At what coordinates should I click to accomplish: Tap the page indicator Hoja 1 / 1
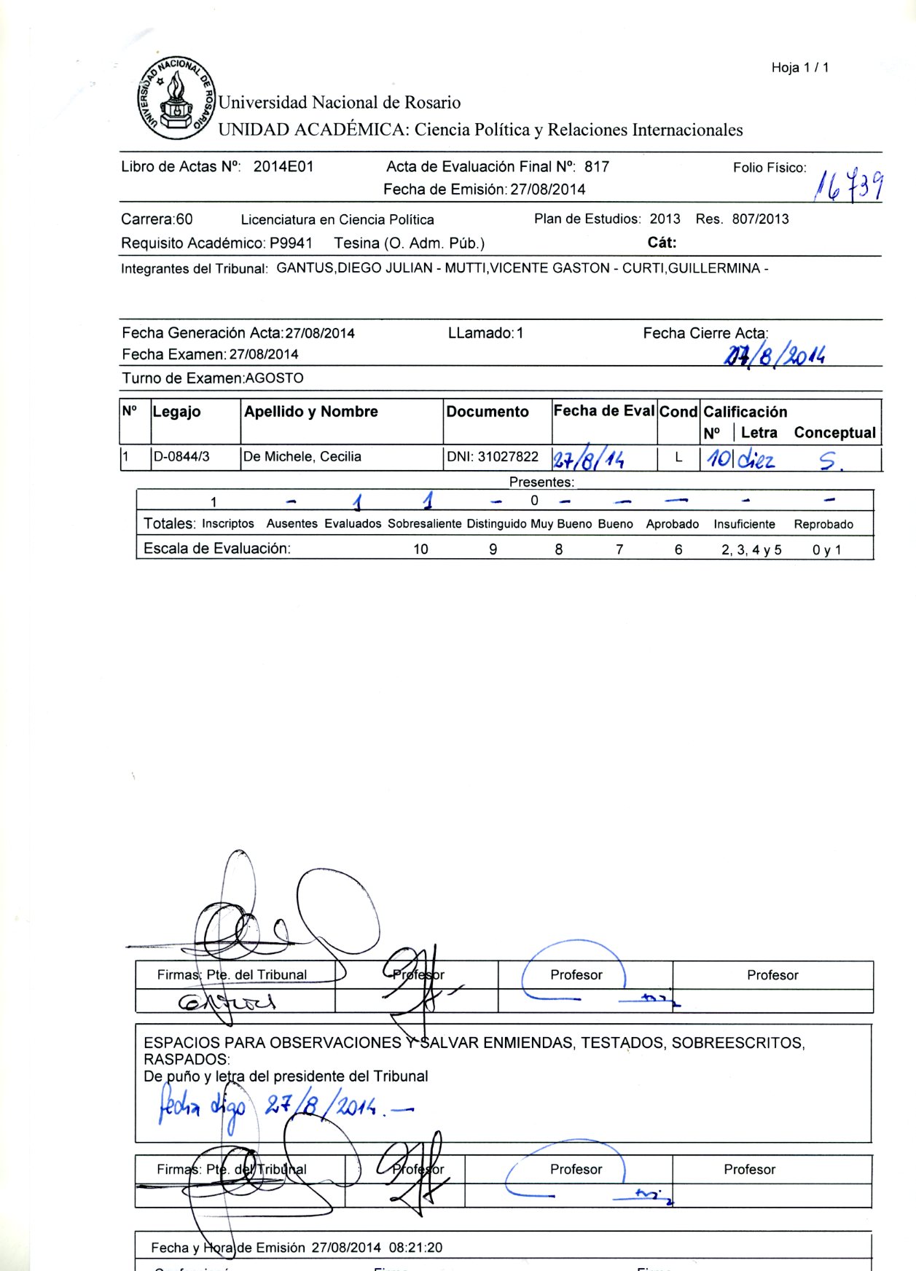(x=799, y=68)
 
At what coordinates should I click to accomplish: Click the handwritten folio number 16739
(x=848, y=185)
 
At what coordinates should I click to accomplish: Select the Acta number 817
(x=596, y=167)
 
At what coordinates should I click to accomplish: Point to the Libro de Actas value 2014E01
(x=283, y=167)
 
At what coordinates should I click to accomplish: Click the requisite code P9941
(x=291, y=243)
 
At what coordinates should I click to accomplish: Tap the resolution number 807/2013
(x=760, y=219)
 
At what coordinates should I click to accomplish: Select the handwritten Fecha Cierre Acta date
(x=774, y=355)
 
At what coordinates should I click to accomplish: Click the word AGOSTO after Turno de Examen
(x=274, y=378)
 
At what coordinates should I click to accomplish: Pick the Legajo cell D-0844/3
(x=181, y=457)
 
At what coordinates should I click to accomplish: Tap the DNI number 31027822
(x=508, y=457)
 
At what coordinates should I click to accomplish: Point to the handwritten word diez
(x=756, y=459)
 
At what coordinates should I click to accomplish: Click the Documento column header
(x=488, y=412)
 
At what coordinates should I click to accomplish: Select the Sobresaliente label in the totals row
(x=424, y=524)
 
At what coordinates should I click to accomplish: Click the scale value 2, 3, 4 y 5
(x=751, y=550)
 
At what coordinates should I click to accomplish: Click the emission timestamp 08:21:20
(x=415, y=1248)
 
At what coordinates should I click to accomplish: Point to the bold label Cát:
(x=662, y=243)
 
